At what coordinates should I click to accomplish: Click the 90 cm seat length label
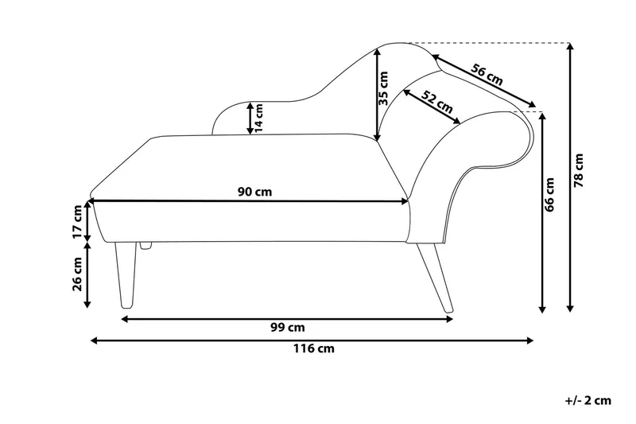254,192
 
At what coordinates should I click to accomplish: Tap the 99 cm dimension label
288,328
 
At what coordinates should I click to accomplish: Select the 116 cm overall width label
314,348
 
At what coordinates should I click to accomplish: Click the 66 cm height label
549,195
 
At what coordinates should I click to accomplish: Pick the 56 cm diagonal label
487,74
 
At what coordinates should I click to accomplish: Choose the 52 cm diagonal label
436,102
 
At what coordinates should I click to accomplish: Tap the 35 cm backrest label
383,88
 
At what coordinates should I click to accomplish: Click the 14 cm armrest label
258,118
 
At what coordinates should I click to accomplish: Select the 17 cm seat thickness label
77,223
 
